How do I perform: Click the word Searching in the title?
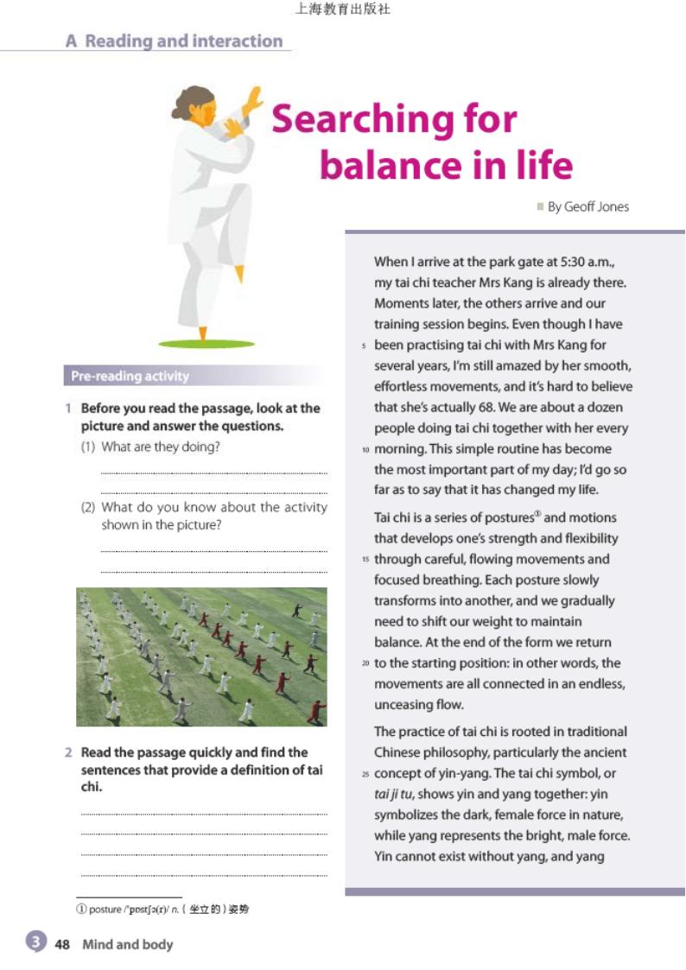pyautogui.click(x=395, y=119)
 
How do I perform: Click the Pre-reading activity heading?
pyautogui.click(x=130, y=376)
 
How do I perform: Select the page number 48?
pyautogui.click(x=62, y=944)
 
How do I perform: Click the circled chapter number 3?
pyautogui.click(x=35, y=942)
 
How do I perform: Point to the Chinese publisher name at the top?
pyautogui.click(x=342, y=10)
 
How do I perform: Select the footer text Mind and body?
pyautogui.click(x=127, y=944)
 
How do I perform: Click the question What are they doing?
pyautogui.click(x=161, y=447)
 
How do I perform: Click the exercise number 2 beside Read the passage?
pyautogui.click(x=68, y=752)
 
